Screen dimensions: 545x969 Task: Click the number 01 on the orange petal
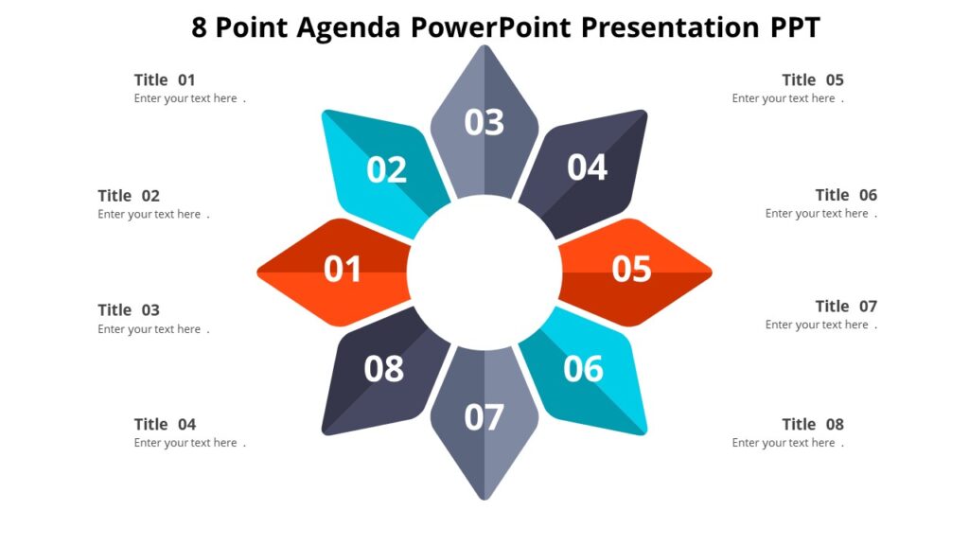click(343, 270)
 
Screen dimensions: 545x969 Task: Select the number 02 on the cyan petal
click(386, 170)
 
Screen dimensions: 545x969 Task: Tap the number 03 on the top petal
click(484, 122)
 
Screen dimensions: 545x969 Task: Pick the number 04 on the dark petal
click(587, 167)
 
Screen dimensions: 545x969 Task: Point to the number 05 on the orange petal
click(631, 270)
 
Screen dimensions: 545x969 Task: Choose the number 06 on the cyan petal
click(583, 369)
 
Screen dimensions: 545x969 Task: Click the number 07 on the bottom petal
click(484, 417)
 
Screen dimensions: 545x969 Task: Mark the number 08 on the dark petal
click(384, 369)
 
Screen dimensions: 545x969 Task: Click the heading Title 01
click(165, 80)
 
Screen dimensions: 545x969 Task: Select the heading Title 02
click(129, 196)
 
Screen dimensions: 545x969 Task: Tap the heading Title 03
click(129, 310)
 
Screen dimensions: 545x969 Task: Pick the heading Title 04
click(165, 425)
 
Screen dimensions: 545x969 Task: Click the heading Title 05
click(813, 80)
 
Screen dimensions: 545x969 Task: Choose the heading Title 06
click(846, 195)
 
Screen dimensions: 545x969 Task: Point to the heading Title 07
click(846, 307)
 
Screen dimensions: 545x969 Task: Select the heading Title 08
click(813, 425)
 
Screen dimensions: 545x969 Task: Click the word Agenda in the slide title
click(349, 28)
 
